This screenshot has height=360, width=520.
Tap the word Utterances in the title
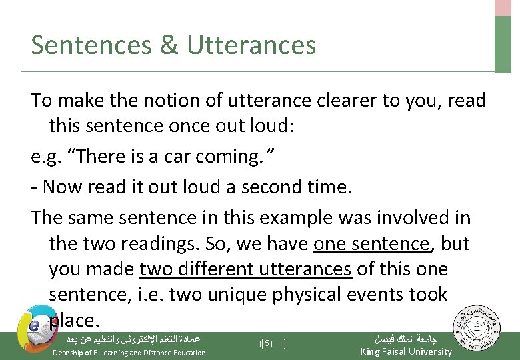coord(251,45)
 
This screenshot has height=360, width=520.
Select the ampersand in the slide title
coord(169,45)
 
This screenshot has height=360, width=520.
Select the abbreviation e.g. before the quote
coord(45,157)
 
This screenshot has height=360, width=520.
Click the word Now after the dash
coord(62,187)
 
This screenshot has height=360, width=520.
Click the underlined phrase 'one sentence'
coord(372,244)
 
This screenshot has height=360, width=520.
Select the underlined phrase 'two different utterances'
coord(245,269)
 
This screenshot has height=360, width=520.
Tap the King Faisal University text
coord(405,352)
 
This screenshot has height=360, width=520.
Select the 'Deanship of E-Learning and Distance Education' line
coord(129,353)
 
